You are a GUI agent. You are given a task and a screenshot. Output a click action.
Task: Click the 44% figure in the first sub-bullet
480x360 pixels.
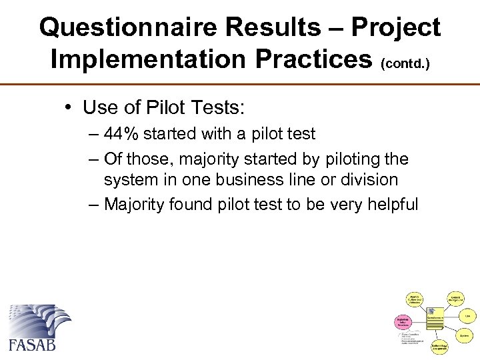point(121,133)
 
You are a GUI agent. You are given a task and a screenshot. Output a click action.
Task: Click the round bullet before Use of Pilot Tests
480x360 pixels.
point(69,107)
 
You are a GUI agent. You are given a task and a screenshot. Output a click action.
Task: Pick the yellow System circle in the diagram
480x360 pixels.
point(464,335)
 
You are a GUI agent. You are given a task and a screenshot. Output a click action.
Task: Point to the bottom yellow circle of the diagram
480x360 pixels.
point(439,345)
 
